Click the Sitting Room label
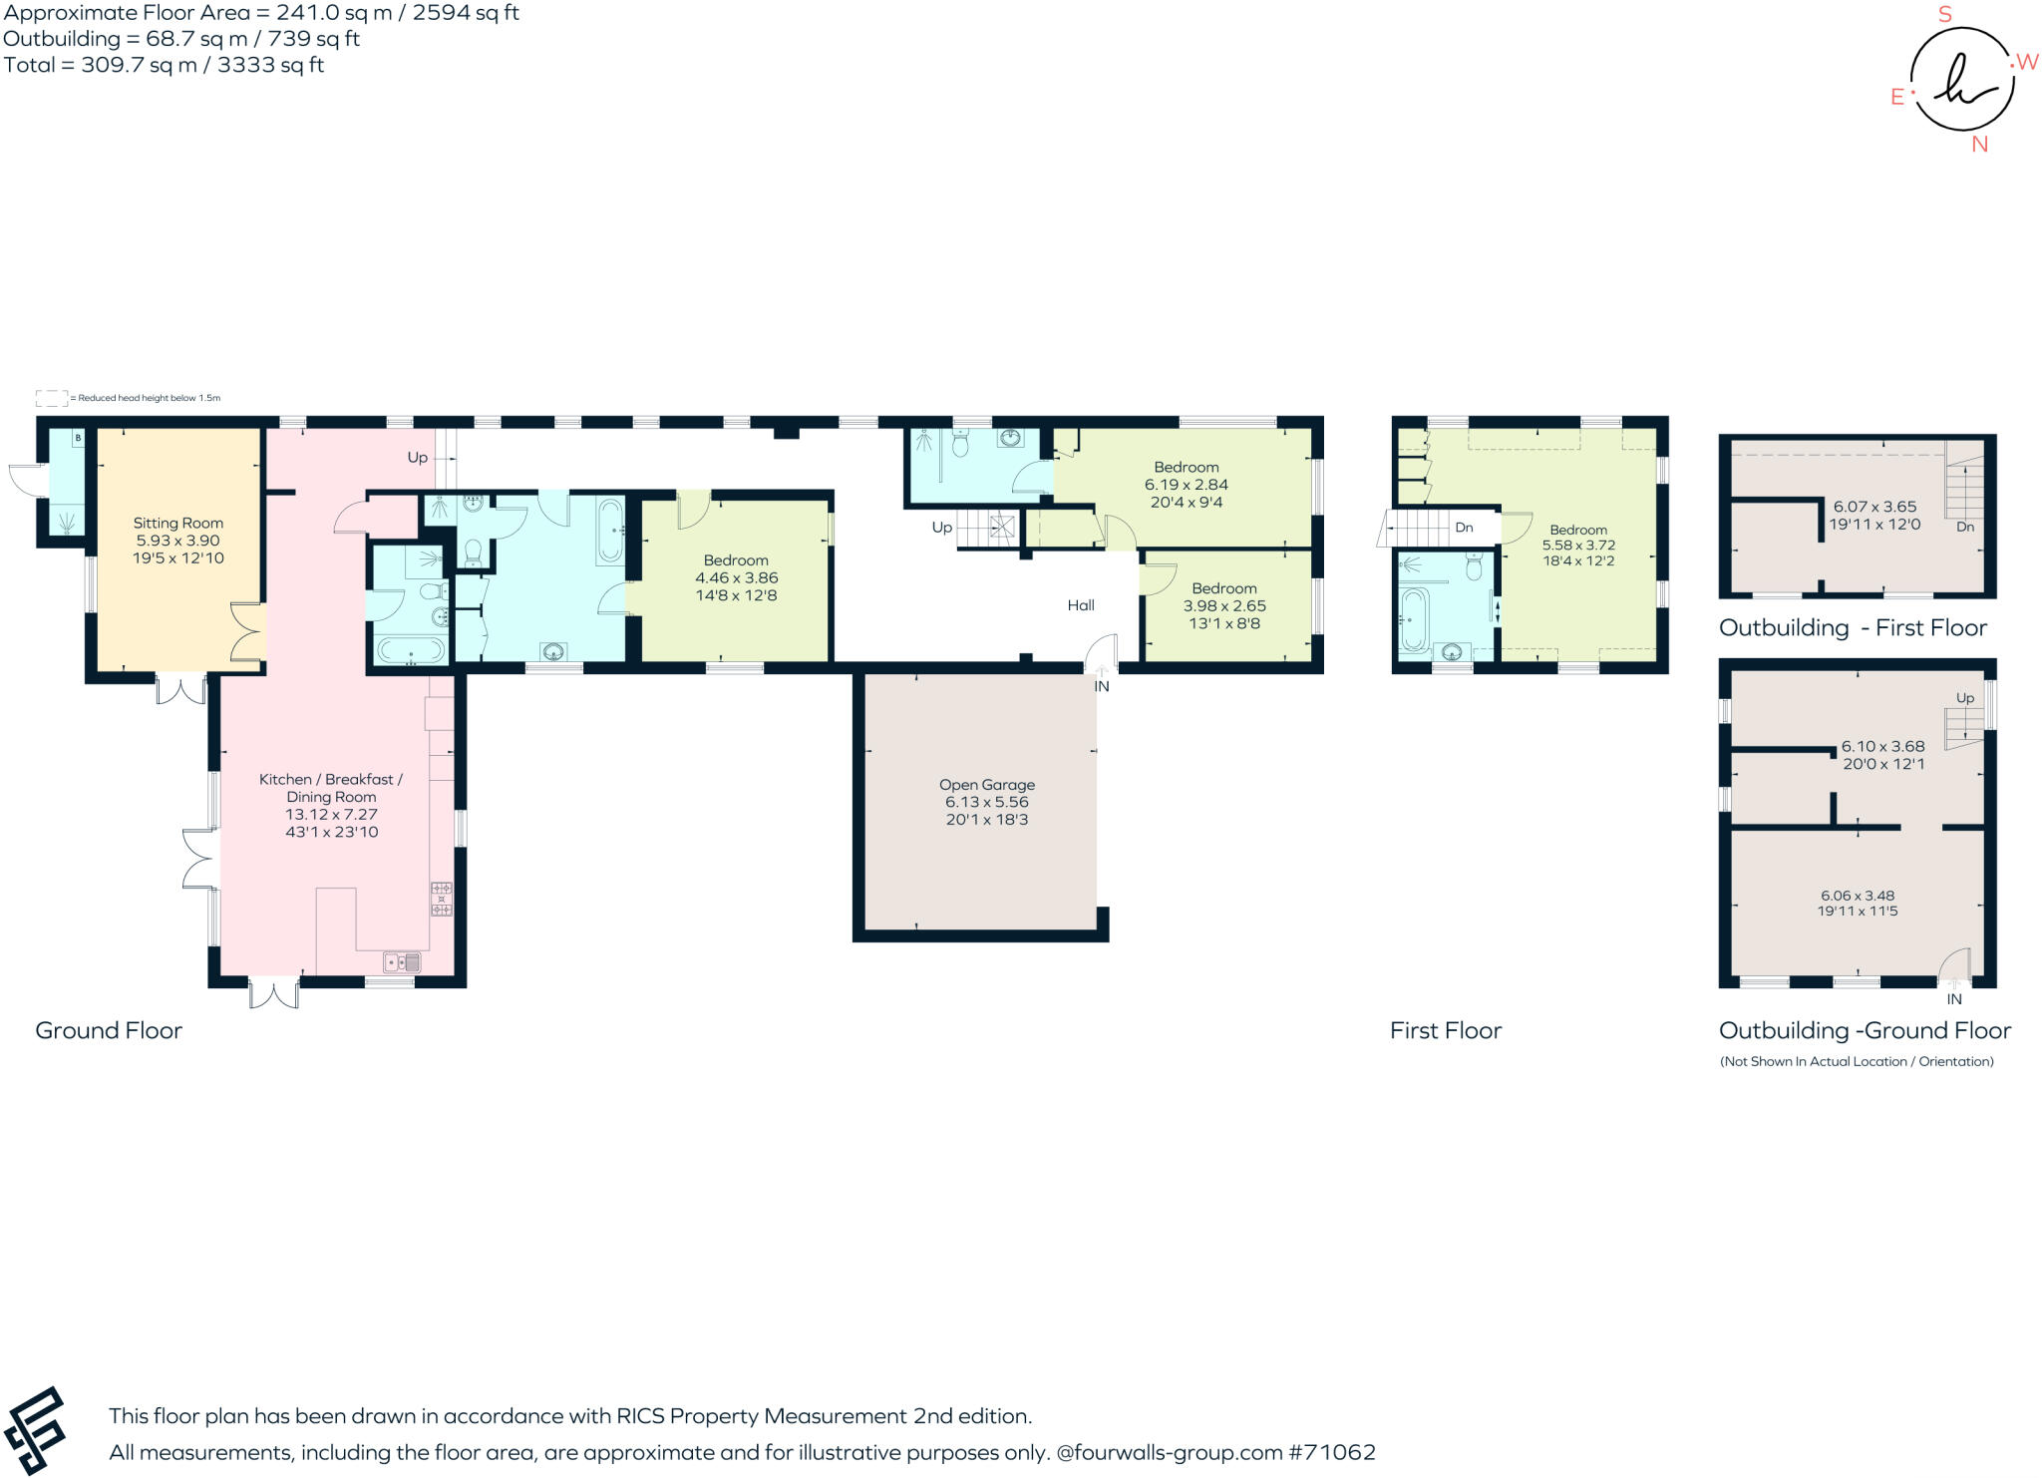(x=178, y=524)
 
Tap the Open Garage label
(x=986, y=785)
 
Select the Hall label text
(x=1081, y=605)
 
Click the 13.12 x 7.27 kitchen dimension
(x=331, y=815)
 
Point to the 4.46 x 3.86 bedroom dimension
(x=736, y=578)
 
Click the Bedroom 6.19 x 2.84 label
(x=1186, y=468)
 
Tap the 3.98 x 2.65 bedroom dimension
(x=1224, y=606)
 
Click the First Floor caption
(x=1445, y=1031)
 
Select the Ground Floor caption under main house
(x=109, y=1031)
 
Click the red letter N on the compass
(x=1979, y=145)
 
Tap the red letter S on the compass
(x=1944, y=15)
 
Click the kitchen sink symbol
(x=403, y=962)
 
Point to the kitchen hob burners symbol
(x=441, y=899)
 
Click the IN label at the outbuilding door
(x=1953, y=999)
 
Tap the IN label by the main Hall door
(x=1102, y=687)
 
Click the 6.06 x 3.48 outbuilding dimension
(x=1857, y=897)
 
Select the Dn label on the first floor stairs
(x=1464, y=528)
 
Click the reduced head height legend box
(x=51, y=398)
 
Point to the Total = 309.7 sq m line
(x=164, y=66)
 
